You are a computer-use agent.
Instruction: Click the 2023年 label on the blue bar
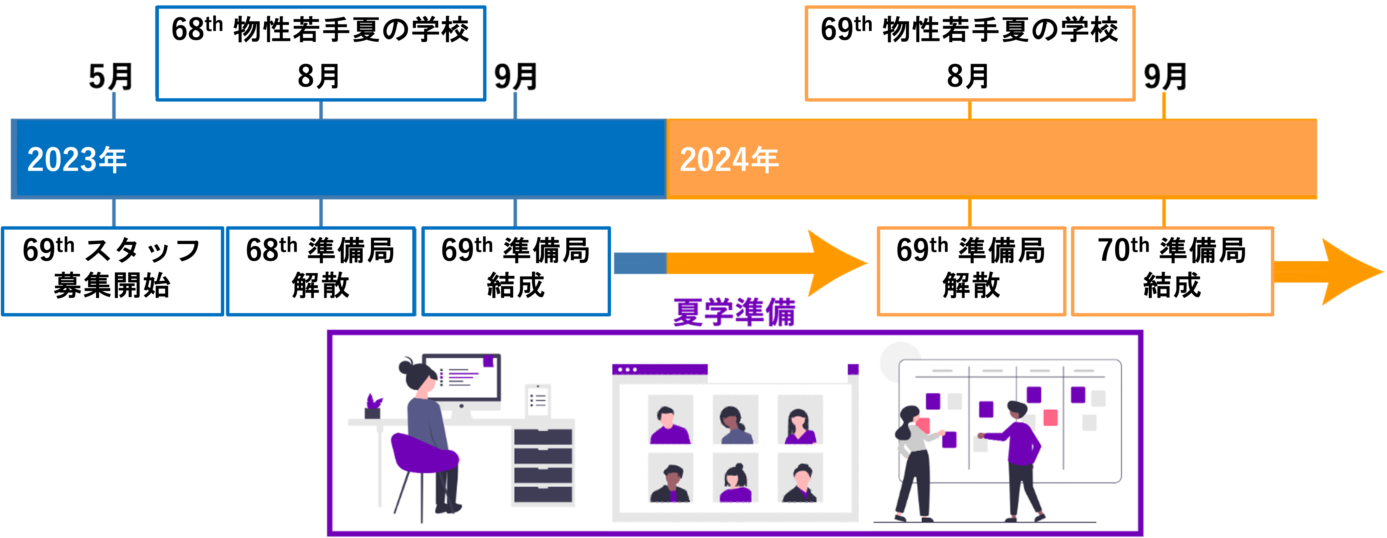coord(77,160)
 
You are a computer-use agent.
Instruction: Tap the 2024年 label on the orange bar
coord(729,160)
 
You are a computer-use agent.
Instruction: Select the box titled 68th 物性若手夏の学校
coord(320,53)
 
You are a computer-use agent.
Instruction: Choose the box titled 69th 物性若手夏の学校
coord(970,53)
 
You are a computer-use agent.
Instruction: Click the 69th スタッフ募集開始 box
coord(112,271)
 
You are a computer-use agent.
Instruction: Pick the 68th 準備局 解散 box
coord(321,271)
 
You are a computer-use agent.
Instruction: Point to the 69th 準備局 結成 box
coord(516,271)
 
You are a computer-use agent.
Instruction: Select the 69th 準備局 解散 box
coord(971,271)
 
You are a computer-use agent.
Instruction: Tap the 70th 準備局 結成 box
coord(1172,271)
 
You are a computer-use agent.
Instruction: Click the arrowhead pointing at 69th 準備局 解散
coord(835,263)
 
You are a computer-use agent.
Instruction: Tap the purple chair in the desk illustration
coord(423,455)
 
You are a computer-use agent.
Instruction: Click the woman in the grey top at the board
coord(913,457)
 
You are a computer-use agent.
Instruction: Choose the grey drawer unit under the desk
coord(543,465)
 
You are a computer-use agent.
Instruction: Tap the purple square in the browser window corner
coord(853,369)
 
